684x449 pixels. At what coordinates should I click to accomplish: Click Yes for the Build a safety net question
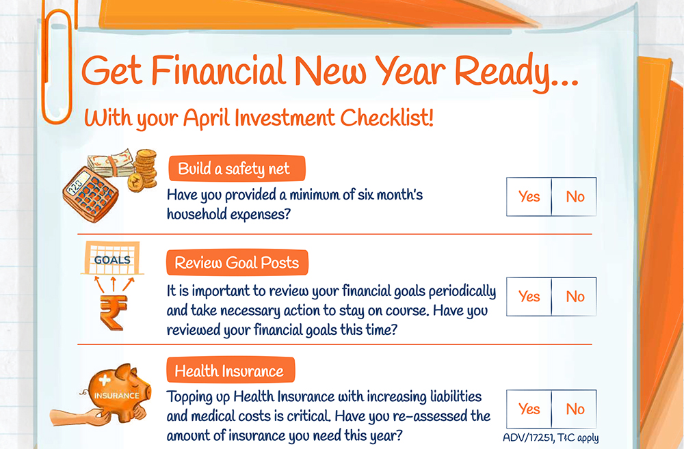coord(529,197)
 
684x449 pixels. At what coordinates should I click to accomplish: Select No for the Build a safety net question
coord(574,197)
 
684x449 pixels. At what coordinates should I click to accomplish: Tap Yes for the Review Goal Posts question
coord(529,297)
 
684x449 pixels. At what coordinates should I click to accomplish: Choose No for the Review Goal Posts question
coord(574,297)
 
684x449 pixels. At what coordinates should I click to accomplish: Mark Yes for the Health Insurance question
coord(529,409)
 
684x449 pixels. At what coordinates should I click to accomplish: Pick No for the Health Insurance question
coord(574,409)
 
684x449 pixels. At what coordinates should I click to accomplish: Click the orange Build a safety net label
coord(237,168)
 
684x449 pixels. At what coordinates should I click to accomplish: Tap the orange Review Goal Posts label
coord(237,262)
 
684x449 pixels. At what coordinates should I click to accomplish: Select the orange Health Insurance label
coord(231,370)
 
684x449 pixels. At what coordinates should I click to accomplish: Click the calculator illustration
coord(90,194)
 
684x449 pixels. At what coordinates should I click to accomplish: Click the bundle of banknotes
coord(111,163)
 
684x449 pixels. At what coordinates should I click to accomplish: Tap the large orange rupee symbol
coord(113,312)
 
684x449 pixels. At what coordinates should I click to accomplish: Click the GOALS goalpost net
coord(113,258)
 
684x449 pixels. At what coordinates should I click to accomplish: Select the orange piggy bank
coord(118,391)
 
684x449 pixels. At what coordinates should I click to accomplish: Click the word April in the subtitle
coord(206,118)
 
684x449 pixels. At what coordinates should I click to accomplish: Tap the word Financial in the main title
coord(218,70)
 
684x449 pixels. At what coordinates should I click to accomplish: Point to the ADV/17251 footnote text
coord(551,437)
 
